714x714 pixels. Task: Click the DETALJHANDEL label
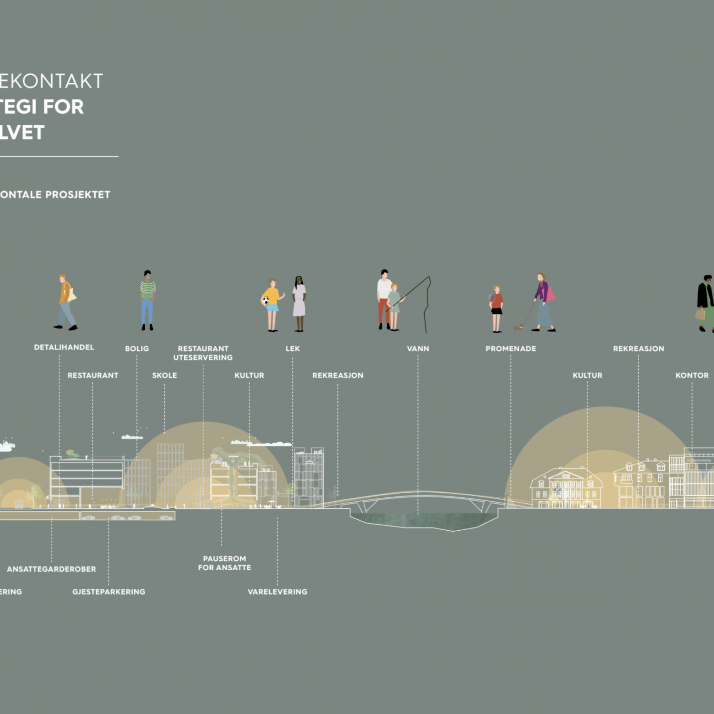pyautogui.click(x=64, y=347)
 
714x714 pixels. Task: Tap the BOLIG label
pyautogui.click(x=137, y=349)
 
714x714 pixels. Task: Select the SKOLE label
pyautogui.click(x=164, y=376)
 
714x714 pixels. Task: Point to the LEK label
pyautogui.click(x=293, y=349)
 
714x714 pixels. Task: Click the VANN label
pyautogui.click(x=418, y=349)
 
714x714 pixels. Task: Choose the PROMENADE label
pyautogui.click(x=511, y=349)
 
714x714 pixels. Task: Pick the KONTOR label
pyautogui.click(x=692, y=376)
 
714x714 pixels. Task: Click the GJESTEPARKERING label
pyautogui.click(x=109, y=592)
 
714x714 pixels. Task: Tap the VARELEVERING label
pyautogui.click(x=278, y=592)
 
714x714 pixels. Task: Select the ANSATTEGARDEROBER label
pyautogui.click(x=51, y=569)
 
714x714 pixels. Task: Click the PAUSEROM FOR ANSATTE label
pyautogui.click(x=224, y=563)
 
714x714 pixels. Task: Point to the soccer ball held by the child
pyautogui.click(x=265, y=301)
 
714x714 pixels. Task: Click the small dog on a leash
pyautogui.click(x=518, y=327)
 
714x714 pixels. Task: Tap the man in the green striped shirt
pyautogui.click(x=148, y=300)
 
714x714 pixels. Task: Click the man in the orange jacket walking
pyautogui.click(x=66, y=302)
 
